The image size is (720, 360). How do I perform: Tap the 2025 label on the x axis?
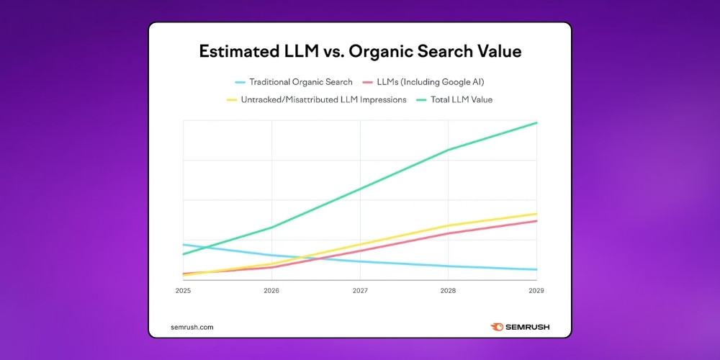coord(183,291)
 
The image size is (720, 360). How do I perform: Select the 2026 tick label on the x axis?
coord(271,291)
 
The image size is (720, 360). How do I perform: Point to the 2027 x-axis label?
coord(360,291)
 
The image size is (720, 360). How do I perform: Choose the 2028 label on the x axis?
coord(448,291)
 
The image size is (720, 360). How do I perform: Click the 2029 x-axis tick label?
coord(536,291)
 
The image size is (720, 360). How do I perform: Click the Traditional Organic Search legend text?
coord(301,82)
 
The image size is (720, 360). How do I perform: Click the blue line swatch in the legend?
coord(240,82)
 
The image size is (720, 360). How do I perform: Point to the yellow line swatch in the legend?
coord(231,99)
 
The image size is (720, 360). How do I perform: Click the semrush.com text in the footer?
coord(192,327)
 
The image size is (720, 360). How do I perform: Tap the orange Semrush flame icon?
coord(497,327)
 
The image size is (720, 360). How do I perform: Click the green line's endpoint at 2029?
coord(536,123)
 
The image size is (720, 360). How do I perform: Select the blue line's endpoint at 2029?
coord(536,270)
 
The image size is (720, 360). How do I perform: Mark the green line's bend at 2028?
coord(449,150)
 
